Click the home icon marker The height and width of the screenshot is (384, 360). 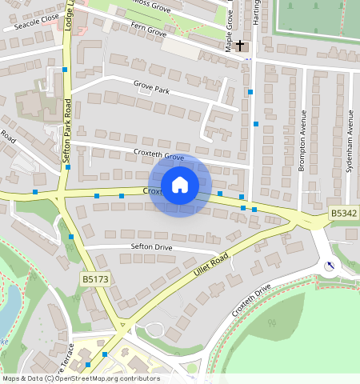pos(180,186)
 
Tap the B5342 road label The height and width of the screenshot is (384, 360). pos(343,214)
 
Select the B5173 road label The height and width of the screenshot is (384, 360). pos(94,279)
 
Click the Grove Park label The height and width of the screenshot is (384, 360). pos(152,90)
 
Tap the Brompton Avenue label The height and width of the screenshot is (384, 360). pos(303,141)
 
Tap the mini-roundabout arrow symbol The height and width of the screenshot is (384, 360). pos(329,266)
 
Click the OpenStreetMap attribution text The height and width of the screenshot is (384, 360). pos(80,378)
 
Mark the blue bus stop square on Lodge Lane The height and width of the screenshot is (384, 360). pos(65,70)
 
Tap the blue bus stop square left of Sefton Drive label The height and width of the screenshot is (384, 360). pos(71,237)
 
